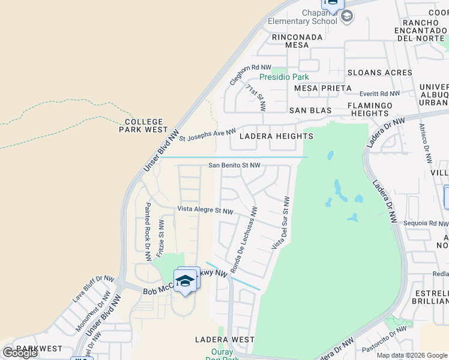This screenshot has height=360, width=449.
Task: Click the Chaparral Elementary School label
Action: coord(302,17)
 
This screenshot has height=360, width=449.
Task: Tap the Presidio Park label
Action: coord(284,77)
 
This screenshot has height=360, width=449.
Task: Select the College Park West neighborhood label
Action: coord(143,125)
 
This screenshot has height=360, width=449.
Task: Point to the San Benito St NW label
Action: coord(234,165)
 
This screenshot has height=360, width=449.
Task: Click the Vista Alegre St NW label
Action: coord(205,211)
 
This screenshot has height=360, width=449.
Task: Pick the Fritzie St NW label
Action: coord(161,239)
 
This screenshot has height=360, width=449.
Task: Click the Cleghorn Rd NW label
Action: coord(251,75)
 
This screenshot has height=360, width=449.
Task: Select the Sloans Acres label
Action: coord(380,73)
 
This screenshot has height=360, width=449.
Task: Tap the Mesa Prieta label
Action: coord(323,88)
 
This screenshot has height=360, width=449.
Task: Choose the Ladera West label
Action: coord(225,340)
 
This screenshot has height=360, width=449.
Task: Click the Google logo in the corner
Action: coord(20,353)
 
